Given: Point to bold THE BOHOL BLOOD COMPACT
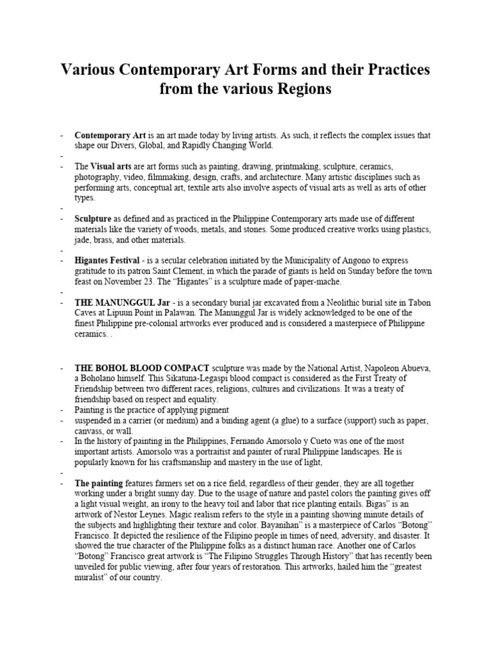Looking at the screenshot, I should click(x=142, y=368).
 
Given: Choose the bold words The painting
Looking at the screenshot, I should click(x=99, y=483).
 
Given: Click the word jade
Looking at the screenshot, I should click(x=84, y=240).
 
